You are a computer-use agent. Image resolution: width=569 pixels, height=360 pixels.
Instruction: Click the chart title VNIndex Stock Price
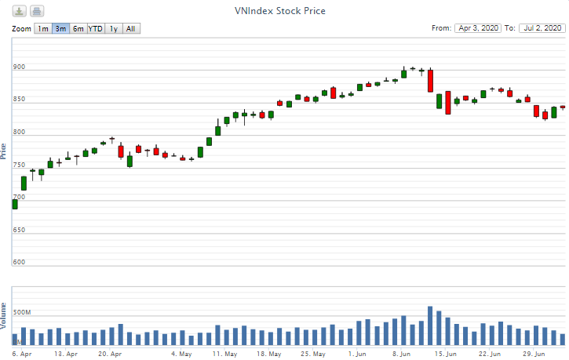280,11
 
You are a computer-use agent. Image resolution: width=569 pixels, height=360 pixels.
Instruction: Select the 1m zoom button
43,29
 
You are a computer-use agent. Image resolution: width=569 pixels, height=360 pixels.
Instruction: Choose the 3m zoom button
60,29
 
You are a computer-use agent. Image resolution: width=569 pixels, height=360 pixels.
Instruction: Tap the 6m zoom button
78,29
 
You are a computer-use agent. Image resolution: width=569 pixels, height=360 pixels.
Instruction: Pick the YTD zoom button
95,29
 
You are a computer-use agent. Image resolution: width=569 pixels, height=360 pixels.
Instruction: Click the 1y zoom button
114,29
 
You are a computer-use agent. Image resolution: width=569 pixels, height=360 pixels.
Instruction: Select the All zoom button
131,29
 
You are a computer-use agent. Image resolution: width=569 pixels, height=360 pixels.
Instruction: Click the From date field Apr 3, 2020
477,28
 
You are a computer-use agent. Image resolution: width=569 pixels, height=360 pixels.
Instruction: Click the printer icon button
37,11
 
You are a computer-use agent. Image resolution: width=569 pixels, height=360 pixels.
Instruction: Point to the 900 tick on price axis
19,67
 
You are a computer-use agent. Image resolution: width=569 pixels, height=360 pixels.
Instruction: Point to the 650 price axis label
19,230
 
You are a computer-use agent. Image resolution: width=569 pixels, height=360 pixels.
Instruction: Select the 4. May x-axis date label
181,355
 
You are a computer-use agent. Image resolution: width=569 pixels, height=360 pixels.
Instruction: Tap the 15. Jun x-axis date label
446,355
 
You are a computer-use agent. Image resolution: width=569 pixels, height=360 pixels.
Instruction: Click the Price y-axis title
4,151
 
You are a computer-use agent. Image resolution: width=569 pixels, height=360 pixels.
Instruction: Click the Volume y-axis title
4,314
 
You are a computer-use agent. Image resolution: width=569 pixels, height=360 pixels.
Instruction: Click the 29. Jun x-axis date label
534,355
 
